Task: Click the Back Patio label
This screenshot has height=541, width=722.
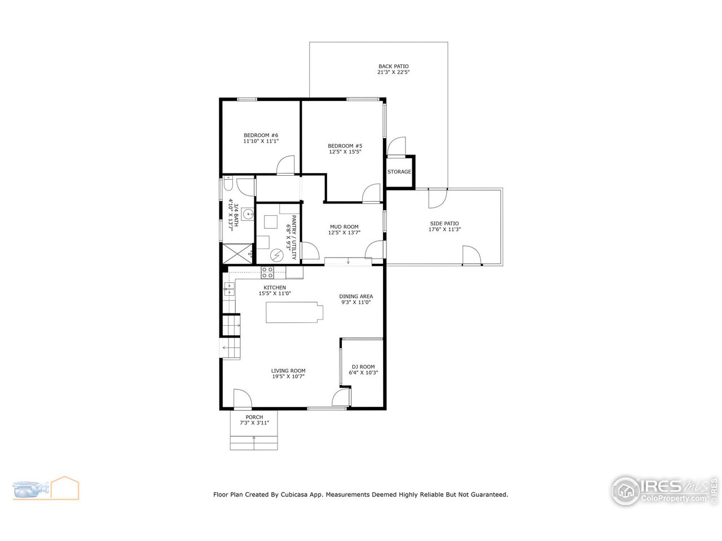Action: point(393,66)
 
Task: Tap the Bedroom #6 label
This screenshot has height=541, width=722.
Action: point(261,135)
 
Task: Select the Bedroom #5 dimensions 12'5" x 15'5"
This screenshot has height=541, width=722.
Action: point(345,152)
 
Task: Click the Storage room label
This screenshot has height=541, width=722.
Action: point(399,172)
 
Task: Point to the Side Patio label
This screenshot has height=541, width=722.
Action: point(444,224)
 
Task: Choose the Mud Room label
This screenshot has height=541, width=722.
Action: point(344,227)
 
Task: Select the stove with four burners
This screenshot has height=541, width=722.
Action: point(267,273)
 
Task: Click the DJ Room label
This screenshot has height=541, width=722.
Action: point(363,367)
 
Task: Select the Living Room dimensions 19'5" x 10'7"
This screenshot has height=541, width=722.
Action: point(288,377)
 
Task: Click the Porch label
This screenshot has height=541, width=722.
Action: point(254,417)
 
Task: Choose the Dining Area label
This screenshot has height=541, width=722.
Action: point(355,296)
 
